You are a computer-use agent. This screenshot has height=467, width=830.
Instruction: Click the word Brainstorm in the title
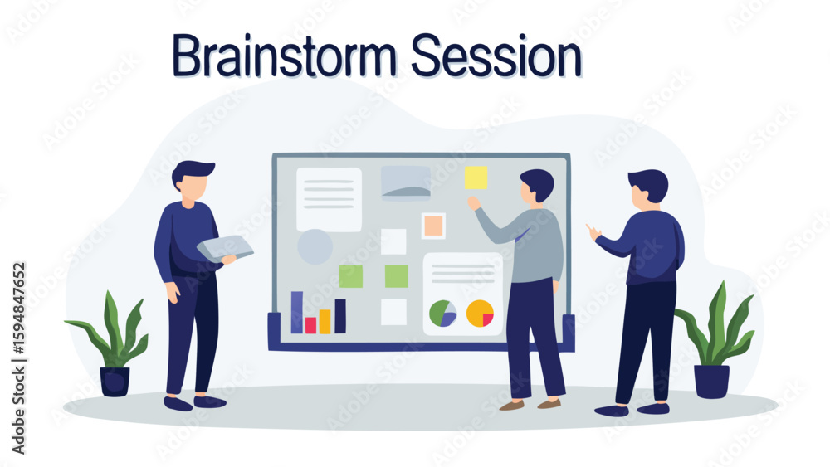pos(284,56)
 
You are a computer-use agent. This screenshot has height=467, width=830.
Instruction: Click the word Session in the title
pos(496,56)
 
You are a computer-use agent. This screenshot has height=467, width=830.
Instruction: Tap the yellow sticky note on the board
pos(476,178)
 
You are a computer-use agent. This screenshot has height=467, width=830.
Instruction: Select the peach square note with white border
pos(433,226)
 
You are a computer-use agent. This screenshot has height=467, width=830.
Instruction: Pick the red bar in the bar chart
pos(310,325)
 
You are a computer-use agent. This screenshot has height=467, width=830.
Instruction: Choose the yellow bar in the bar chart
pos(325,322)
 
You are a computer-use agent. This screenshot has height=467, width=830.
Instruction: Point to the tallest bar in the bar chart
pos(297,313)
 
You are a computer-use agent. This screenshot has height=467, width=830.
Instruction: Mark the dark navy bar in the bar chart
pos(340,316)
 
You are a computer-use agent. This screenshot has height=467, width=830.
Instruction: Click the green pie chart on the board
pos(443,314)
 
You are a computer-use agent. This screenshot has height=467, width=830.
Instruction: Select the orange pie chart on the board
pos(480,314)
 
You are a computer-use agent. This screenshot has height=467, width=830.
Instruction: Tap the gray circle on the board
pos(315,246)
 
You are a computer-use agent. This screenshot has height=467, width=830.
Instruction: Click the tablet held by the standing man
pos(225,249)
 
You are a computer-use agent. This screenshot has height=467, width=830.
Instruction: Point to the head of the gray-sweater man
pos(537,186)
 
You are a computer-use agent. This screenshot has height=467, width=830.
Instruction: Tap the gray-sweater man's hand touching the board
pos(474,203)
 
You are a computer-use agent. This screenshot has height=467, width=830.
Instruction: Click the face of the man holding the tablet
pos(191,187)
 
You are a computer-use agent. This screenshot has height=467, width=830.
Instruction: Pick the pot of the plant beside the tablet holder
pos(115,382)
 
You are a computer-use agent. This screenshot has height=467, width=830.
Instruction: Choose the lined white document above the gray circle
pos(329,199)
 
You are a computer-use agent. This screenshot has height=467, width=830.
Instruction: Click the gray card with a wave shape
pos(406,183)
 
